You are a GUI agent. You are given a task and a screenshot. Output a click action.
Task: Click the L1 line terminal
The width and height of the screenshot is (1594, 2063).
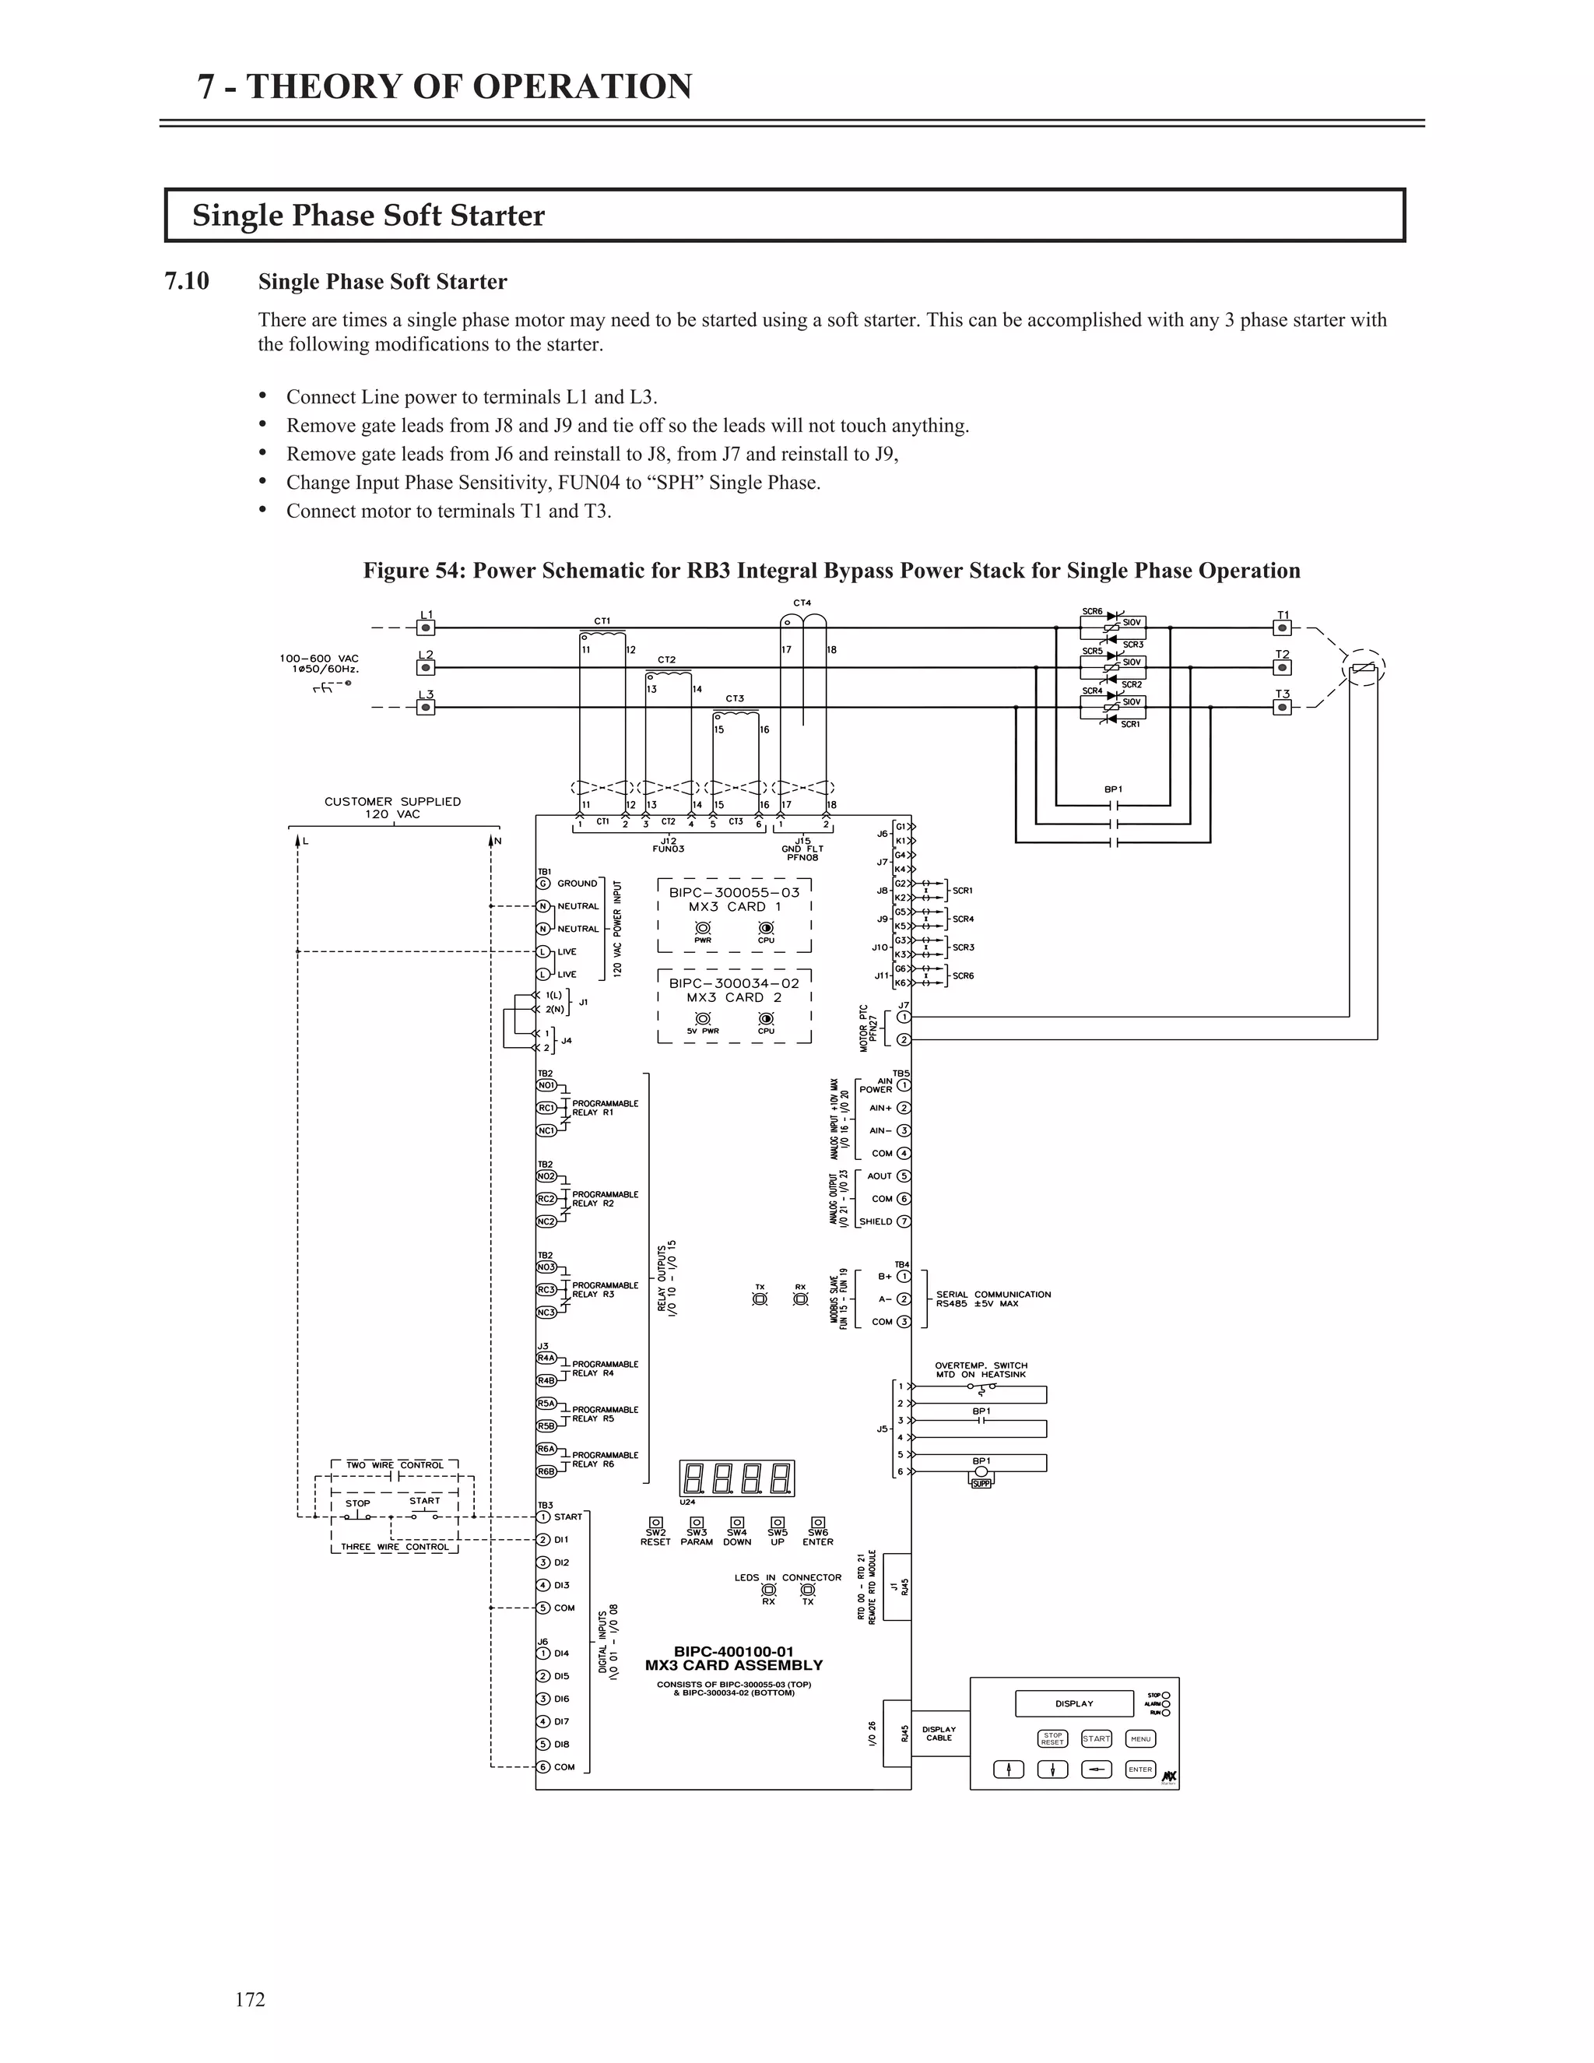(426, 627)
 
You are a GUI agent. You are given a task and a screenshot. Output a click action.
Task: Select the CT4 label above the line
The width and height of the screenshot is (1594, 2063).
(802, 603)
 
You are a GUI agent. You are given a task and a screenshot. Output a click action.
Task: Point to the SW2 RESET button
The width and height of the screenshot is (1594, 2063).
(655, 1523)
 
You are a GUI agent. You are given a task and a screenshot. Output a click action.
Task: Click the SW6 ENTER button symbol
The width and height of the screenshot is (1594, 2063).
(818, 1523)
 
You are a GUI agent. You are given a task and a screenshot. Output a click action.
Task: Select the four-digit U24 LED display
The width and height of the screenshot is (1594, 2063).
(736, 1478)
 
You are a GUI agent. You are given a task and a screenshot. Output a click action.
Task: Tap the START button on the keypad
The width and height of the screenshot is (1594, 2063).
(1097, 1739)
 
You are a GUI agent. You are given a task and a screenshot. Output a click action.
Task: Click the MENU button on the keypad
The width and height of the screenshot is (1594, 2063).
(1141, 1739)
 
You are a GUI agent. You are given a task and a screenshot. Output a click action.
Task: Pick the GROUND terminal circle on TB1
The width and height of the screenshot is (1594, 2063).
(543, 884)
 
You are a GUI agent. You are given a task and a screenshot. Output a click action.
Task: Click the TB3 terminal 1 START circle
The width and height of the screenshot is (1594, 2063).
(543, 1517)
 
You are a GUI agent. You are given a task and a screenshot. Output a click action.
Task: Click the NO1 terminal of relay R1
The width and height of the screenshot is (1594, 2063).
(546, 1085)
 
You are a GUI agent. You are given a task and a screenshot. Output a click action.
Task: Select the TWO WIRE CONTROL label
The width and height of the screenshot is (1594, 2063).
(394, 1465)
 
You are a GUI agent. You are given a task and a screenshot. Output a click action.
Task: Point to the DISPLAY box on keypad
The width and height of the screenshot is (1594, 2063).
(1073, 1704)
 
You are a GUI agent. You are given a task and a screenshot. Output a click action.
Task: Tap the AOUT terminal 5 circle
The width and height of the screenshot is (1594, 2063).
(904, 1176)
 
